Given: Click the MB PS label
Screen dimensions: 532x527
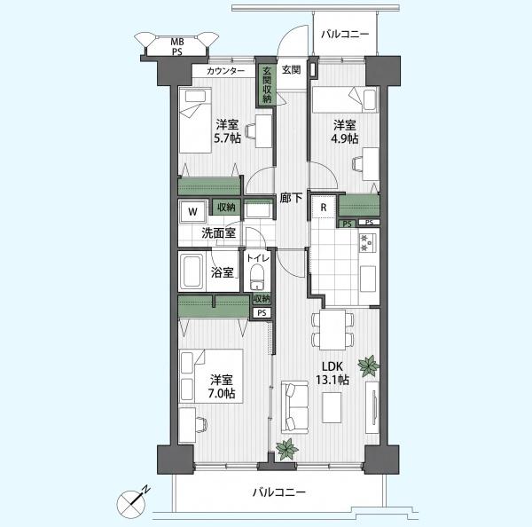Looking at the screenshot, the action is (176, 47).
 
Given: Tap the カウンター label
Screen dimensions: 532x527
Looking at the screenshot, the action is (225, 71).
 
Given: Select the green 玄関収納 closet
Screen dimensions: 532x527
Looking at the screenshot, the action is (268, 85).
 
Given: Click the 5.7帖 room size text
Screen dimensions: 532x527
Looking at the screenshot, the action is (227, 138).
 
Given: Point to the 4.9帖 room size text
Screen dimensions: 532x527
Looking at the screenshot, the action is (345, 138).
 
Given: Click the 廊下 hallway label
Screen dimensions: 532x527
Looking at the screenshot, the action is (291, 199).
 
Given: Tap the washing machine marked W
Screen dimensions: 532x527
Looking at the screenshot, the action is (192, 212).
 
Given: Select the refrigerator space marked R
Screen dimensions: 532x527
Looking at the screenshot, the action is (324, 207).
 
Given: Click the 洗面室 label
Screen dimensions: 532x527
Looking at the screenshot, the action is (218, 233).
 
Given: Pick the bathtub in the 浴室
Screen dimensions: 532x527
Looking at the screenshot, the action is (191, 271).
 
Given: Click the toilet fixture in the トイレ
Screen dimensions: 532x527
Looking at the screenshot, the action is (257, 277).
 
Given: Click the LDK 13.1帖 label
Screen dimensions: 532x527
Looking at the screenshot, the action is (332, 373).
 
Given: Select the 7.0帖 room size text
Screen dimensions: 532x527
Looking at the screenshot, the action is (221, 393).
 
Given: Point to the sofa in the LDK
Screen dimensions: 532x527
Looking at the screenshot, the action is (294, 407).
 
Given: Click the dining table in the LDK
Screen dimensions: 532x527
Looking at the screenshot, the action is (332, 330).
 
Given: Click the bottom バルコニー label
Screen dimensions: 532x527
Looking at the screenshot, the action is (279, 492).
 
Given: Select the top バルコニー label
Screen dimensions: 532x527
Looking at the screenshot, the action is (345, 35).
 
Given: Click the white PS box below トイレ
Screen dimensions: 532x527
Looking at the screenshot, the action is (262, 312).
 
